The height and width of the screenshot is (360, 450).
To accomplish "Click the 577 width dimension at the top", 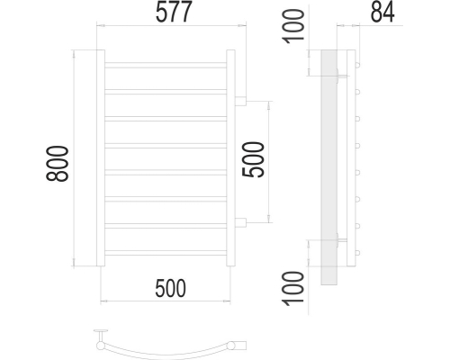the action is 174,12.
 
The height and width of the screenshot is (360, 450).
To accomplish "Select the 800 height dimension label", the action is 58,164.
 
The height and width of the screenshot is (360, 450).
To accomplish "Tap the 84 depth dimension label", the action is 382,12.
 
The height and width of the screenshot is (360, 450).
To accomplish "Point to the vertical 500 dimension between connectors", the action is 254,159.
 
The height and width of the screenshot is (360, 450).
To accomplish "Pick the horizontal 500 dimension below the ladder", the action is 170,288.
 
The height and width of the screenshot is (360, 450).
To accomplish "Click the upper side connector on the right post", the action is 240,101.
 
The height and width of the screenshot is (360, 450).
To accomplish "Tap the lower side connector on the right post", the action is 240,222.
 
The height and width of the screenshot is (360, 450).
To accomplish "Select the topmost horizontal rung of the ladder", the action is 166,65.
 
